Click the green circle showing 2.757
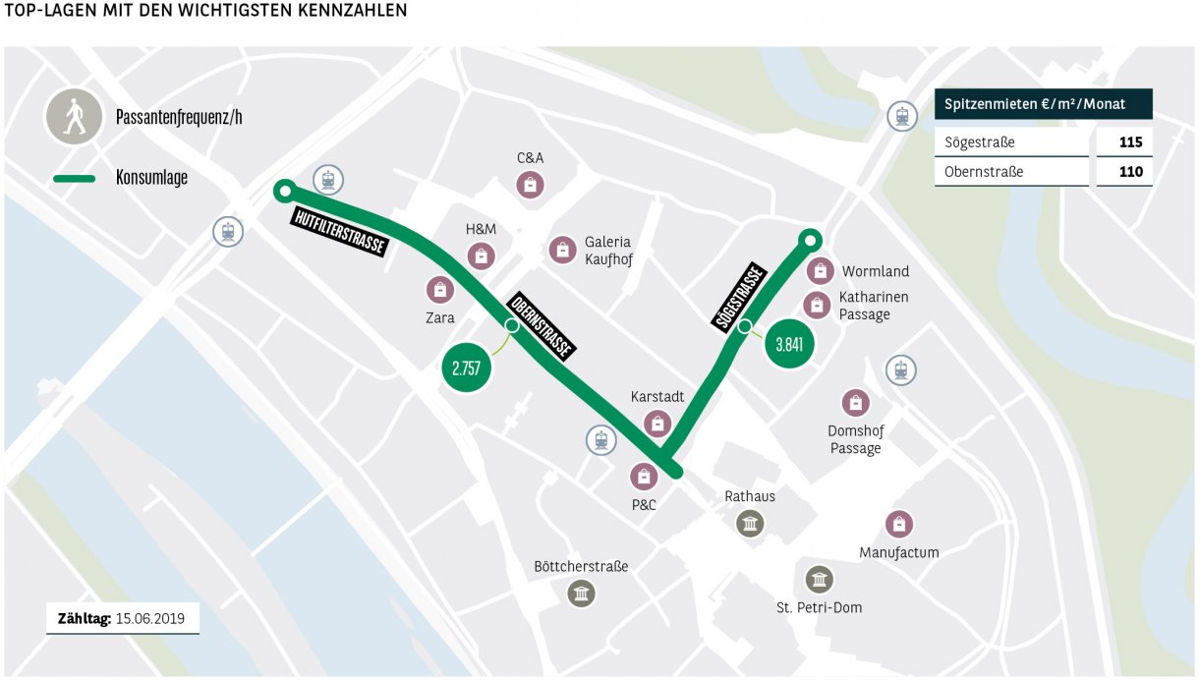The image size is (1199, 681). (467, 369)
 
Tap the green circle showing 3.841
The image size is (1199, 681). (789, 344)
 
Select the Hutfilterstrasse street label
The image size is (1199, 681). (340, 232)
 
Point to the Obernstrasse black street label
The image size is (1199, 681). (541, 324)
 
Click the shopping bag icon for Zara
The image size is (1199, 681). (439, 290)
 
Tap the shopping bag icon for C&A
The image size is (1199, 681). (530, 184)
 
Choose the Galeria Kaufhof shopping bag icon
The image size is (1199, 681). (562, 251)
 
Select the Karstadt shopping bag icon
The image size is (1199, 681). (657, 424)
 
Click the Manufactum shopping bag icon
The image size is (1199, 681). (898, 525)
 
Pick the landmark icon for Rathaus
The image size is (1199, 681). (750, 524)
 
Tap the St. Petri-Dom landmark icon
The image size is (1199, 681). (818, 580)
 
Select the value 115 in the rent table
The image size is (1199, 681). (1129, 142)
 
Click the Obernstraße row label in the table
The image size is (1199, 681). (984, 171)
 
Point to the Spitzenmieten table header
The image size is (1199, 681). (1043, 104)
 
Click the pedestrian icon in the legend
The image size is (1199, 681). (74, 118)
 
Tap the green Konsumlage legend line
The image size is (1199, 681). (74, 179)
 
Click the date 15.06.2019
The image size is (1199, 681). (150, 619)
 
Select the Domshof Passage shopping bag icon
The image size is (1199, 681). (855, 403)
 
